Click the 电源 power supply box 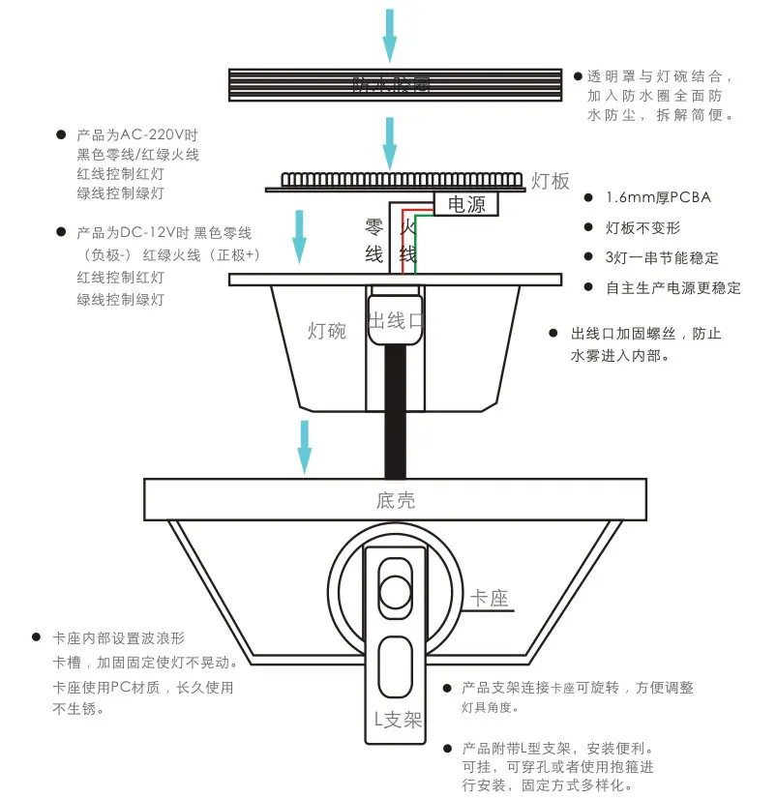[x=466, y=204]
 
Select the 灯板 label [x=551, y=181]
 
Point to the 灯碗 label [x=326, y=331]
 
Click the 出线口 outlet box [x=395, y=321]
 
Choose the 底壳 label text [x=395, y=500]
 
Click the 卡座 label [x=489, y=599]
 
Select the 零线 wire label [x=374, y=241]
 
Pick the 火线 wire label [x=408, y=241]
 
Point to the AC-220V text [x=159, y=135]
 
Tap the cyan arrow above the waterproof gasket [x=389, y=33]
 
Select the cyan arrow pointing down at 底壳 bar [x=305, y=446]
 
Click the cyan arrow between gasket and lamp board [x=389, y=141]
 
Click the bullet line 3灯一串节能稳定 [x=662, y=258]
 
